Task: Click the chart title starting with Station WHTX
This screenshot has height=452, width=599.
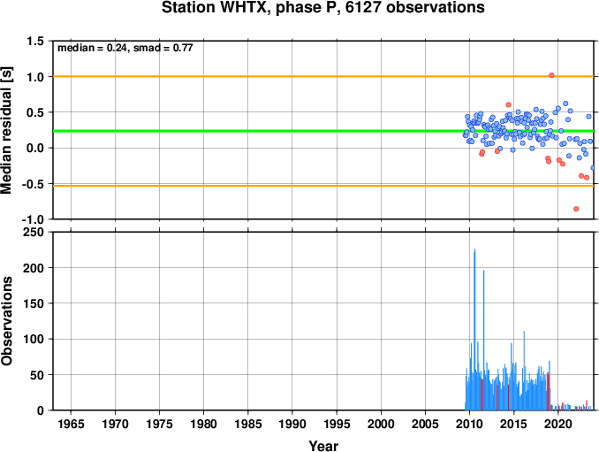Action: coord(322,8)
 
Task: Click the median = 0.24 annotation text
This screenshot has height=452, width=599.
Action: coord(91,48)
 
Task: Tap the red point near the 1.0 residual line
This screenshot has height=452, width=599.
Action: coord(551,75)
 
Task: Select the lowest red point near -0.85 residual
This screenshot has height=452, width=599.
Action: coord(576,209)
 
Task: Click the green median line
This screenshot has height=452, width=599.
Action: coord(323,131)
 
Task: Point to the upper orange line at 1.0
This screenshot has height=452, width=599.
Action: coord(323,76)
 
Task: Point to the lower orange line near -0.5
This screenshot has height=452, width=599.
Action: coord(323,186)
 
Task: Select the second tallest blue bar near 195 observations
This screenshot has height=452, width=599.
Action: coord(483,341)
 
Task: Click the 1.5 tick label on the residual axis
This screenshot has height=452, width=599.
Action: coord(35,41)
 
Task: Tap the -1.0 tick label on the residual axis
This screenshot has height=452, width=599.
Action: coord(33,219)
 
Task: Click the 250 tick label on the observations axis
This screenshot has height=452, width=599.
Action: coord(34,232)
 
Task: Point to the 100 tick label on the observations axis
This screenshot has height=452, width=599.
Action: coord(34,339)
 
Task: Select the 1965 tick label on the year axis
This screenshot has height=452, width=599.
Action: coord(71,424)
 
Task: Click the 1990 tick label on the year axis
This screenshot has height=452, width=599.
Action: coord(292,424)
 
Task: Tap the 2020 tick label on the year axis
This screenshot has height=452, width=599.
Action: coord(558,424)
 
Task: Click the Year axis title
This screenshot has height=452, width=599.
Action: coord(323,446)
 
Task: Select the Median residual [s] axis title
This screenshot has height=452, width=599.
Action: coord(6,130)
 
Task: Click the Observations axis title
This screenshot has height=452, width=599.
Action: coord(6,321)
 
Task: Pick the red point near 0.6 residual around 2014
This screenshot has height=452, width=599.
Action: coord(508,104)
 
